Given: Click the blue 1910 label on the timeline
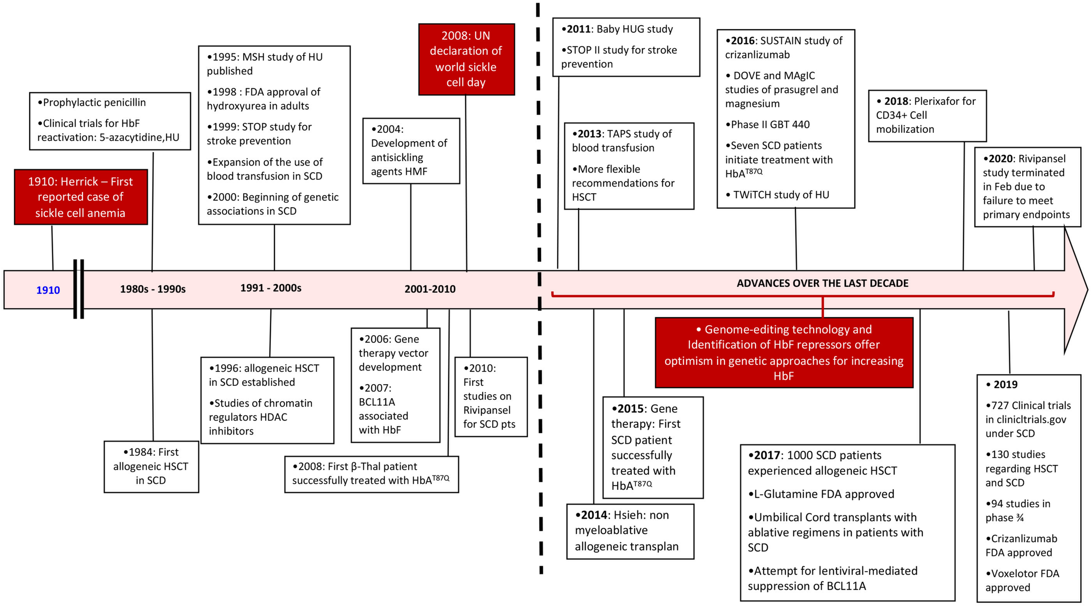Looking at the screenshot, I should [x=48, y=290].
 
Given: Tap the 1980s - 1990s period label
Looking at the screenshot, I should [x=153, y=289].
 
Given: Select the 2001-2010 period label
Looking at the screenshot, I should [x=430, y=289].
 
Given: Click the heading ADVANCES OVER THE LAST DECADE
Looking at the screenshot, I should [x=822, y=283].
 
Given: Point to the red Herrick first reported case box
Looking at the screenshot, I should [x=81, y=197].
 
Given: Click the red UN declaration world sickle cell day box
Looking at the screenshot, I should [x=466, y=59].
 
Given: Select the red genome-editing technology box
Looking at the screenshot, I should [x=784, y=352].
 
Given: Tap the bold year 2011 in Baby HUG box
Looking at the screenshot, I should [x=579, y=29].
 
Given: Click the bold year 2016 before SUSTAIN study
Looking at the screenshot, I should [x=743, y=41].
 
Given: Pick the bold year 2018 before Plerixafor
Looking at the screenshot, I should [x=896, y=101].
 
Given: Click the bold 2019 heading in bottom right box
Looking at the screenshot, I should [x=1005, y=385].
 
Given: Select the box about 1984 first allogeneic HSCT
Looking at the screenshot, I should [x=151, y=466].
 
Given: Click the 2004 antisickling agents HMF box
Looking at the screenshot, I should [x=411, y=151].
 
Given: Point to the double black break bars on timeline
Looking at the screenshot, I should [x=79, y=289].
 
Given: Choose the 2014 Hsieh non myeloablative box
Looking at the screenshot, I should [x=629, y=531].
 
